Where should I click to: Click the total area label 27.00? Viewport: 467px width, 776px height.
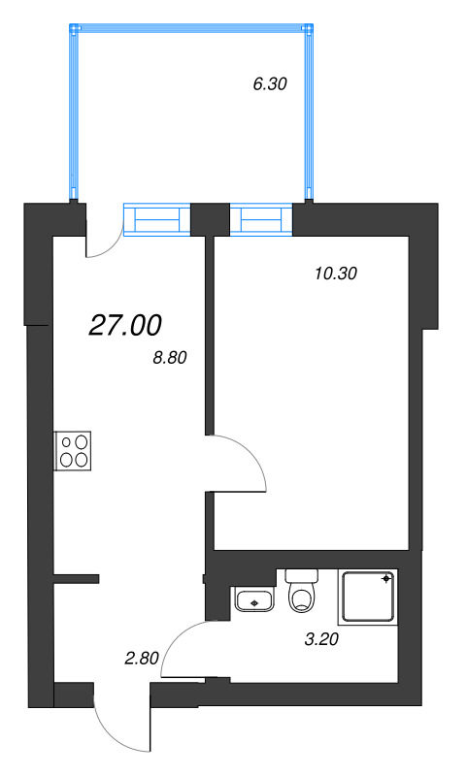click(125, 326)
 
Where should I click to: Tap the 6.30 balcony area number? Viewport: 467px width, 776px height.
click(269, 84)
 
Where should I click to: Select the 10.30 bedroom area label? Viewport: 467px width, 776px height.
click(337, 274)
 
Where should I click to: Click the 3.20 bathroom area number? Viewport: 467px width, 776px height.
click(322, 639)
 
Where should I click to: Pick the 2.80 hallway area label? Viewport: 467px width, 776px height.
click(141, 659)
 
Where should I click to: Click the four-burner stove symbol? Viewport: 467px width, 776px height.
click(73, 451)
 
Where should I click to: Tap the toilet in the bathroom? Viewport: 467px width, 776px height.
click(303, 591)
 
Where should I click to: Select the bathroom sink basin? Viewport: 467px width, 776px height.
click(255, 599)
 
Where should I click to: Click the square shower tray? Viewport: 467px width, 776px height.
click(368, 598)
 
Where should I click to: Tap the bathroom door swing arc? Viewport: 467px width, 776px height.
click(181, 648)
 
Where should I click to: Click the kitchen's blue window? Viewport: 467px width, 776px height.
click(157, 219)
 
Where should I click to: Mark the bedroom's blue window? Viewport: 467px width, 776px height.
click(261, 219)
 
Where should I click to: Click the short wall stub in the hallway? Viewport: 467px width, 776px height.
click(78, 580)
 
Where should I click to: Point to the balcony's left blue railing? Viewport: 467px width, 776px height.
click(73, 112)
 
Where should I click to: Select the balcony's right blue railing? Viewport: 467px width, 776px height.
click(310, 112)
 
